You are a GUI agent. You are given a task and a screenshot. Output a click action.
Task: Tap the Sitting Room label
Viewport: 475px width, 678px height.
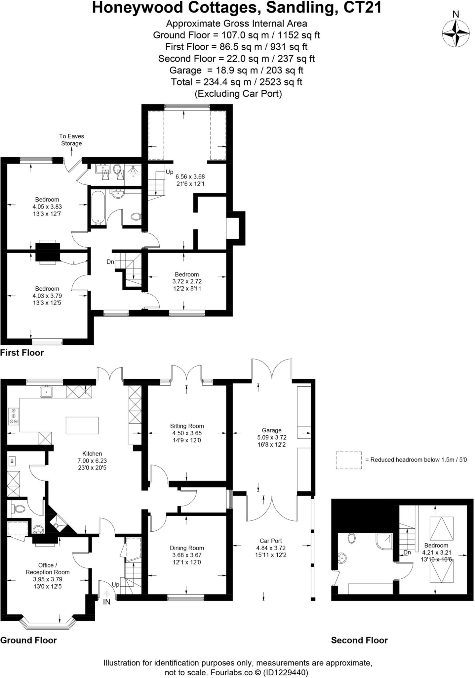[187, 426]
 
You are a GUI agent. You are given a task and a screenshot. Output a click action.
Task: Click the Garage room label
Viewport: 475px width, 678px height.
[271, 430]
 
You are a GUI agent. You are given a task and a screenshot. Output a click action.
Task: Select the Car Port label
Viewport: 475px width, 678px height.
[271, 541]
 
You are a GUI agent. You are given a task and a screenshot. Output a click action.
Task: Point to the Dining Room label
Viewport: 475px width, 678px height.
[187, 548]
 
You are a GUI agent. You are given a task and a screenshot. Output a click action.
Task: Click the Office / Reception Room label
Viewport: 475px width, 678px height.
[48, 569]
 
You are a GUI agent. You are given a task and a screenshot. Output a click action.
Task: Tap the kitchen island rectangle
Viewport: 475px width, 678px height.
[82, 425]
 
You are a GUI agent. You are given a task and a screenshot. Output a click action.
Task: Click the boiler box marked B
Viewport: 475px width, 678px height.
[12, 461]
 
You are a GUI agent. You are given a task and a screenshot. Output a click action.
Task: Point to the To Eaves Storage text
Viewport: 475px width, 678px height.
[71, 140]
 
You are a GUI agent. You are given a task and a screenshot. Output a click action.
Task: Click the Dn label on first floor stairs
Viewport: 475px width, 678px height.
[110, 262]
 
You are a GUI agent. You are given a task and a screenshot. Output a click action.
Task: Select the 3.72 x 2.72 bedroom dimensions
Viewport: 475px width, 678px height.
[187, 281]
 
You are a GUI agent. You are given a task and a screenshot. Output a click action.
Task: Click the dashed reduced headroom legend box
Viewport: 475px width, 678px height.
[349, 460]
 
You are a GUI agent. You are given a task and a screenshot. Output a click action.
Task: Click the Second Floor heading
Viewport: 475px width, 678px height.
[359, 640]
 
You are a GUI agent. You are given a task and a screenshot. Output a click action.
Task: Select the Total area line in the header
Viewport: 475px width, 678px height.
[237, 82]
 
